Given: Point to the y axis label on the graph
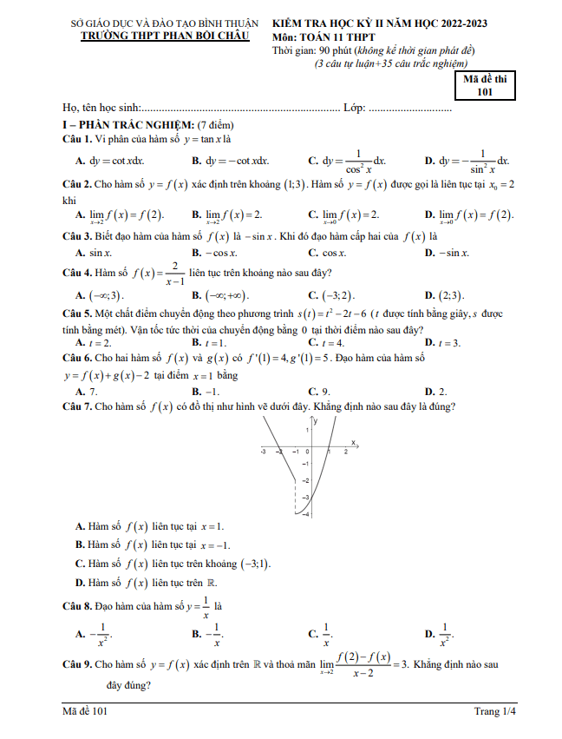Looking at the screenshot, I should tap(316, 421).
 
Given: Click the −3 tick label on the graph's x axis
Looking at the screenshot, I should tap(263, 452).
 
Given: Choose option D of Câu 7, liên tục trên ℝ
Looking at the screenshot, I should tap(147, 583).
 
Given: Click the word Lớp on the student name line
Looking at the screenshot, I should tap(354, 109).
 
